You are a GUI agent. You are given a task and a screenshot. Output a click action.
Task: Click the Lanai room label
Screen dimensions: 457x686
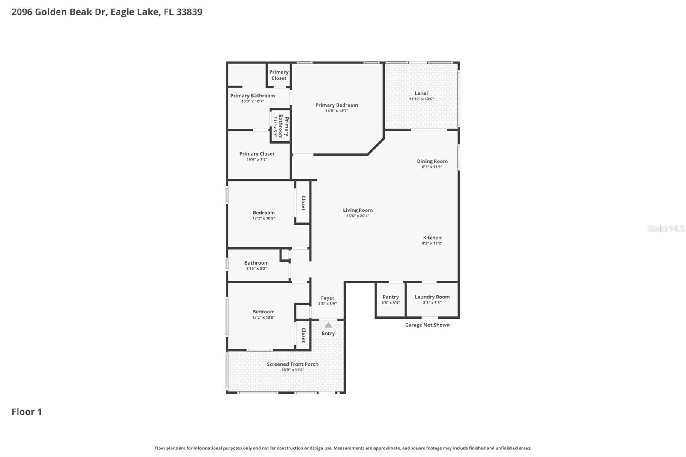[x=421, y=93]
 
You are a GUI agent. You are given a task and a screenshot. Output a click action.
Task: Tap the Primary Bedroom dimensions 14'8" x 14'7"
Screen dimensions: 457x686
[x=337, y=111]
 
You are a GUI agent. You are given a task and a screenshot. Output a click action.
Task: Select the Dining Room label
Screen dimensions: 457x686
[x=432, y=162]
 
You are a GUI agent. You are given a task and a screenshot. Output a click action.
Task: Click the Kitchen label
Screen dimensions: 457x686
[x=432, y=238]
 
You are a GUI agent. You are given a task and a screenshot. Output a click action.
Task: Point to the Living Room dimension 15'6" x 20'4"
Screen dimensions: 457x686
[x=358, y=216]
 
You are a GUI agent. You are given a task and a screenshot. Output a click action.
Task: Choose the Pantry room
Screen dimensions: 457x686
[x=391, y=299]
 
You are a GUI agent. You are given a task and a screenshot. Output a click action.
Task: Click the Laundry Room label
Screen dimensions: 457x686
[x=432, y=297]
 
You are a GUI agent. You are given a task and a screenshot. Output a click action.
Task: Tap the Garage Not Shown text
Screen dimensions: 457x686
[x=427, y=325]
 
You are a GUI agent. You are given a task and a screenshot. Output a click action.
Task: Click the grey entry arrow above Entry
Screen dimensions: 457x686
[x=328, y=325]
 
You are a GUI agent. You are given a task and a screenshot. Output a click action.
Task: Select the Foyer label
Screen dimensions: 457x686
[x=327, y=298]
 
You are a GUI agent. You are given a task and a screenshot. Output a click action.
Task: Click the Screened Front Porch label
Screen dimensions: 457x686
[x=292, y=364]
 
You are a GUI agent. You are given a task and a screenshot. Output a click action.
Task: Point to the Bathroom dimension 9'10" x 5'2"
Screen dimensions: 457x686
[x=256, y=269]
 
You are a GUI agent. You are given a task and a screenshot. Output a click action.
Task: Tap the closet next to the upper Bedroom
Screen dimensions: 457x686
[x=303, y=203]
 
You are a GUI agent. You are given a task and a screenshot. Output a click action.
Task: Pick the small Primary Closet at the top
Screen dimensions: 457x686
[x=279, y=75]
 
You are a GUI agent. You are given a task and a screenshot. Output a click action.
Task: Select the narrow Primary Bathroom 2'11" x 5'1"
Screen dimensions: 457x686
[x=281, y=126]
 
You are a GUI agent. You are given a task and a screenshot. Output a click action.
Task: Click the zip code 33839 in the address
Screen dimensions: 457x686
[x=189, y=12]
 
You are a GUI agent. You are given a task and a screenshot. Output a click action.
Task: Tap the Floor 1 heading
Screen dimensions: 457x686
[x=27, y=412]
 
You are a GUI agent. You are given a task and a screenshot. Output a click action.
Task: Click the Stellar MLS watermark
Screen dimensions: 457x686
[x=665, y=228]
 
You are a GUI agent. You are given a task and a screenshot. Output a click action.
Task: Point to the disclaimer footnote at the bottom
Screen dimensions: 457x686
[x=343, y=448]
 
